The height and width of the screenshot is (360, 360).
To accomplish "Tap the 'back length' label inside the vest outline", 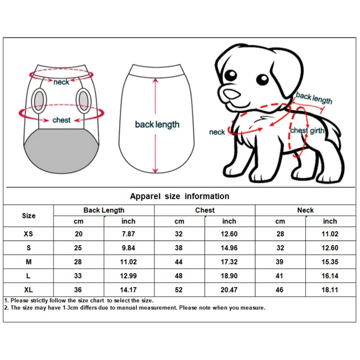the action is coord(157,125).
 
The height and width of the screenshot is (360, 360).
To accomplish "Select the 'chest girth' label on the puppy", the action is coord(307,130).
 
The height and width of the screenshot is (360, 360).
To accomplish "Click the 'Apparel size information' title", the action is coord(180,196).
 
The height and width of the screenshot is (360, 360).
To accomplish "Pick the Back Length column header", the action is coord(104,210).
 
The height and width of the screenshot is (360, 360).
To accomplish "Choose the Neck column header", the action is coord(306,210).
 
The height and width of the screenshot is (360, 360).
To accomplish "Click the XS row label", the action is coord(28,234).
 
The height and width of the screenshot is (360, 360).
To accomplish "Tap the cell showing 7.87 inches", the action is coord(128,234).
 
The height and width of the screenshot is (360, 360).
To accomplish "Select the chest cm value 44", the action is coord(179,262).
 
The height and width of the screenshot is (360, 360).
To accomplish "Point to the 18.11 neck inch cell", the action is coord(330,290).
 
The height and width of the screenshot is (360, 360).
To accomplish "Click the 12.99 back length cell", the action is coord(128,276).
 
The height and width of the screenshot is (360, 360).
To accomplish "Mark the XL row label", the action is coord(28,290).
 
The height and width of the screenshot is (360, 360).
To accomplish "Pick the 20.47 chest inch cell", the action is coord(229,290).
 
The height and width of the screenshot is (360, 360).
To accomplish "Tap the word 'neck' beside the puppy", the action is coord(217,132).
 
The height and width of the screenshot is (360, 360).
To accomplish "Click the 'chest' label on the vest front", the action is coord(61,120).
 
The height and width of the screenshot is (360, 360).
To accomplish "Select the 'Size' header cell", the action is coord(29,216).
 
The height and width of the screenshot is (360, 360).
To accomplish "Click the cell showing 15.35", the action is coord(330,262).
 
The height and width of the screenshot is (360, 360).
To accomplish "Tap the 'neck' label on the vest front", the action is coord(61,82).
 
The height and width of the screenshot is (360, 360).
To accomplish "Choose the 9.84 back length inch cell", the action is coord(128,248).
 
